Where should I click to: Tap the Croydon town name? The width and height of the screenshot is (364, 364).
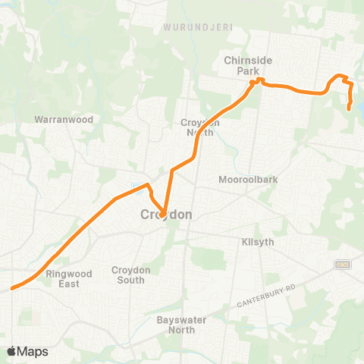[x=166, y=215]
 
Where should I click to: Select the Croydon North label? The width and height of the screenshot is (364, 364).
[x=199, y=127]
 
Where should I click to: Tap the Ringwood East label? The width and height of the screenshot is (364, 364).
[x=68, y=278]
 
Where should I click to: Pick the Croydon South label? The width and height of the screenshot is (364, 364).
[x=132, y=275]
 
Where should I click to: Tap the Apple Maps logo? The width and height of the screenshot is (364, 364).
[x=27, y=351]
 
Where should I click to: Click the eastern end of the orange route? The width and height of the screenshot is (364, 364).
[x=348, y=109]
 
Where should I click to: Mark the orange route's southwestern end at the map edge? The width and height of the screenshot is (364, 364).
[x=11, y=288]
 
